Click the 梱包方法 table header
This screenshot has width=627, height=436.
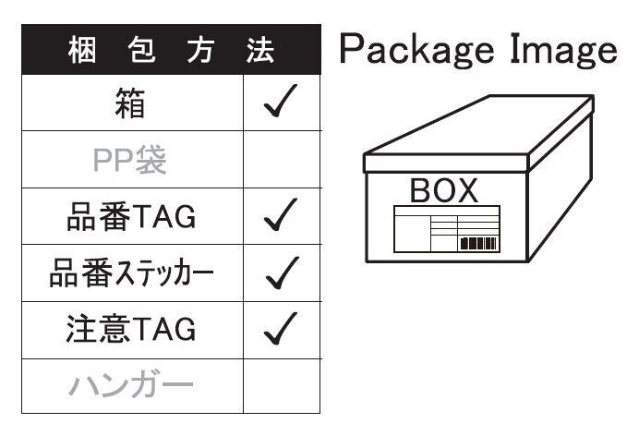(171, 50)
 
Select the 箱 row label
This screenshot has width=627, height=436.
(131, 103)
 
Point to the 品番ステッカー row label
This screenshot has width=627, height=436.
(131, 273)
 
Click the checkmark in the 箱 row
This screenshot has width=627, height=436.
(281, 103)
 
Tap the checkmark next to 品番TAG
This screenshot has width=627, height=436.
(281, 216)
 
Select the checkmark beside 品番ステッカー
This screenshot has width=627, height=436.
(281, 272)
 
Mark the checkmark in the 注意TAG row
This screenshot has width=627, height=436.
(281, 329)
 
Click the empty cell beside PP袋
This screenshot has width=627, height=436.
(282, 160)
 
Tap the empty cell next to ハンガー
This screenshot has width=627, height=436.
(282, 385)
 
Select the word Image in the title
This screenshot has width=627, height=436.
(561, 49)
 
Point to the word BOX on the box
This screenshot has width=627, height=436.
(444, 191)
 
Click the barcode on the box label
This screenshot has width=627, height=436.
(477, 244)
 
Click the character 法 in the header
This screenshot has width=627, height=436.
(260, 50)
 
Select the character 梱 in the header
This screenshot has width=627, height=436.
(80, 50)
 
